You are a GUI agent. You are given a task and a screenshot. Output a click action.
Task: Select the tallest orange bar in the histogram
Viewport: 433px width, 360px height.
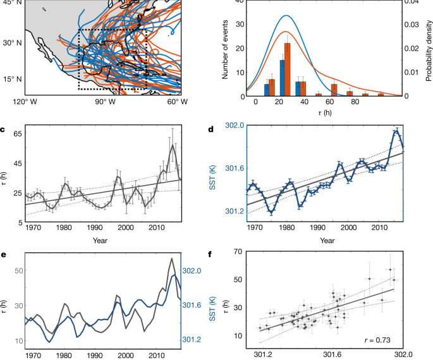pos(288,69)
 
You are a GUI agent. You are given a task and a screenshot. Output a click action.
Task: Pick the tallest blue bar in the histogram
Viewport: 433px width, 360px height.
pos(282,78)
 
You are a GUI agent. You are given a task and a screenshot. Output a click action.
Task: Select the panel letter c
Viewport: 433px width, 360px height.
pos(4,131)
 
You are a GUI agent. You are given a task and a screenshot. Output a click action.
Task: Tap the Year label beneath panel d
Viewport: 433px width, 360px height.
pos(326,240)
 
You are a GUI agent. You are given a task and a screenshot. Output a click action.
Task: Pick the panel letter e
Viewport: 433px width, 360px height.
pos(4,255)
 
